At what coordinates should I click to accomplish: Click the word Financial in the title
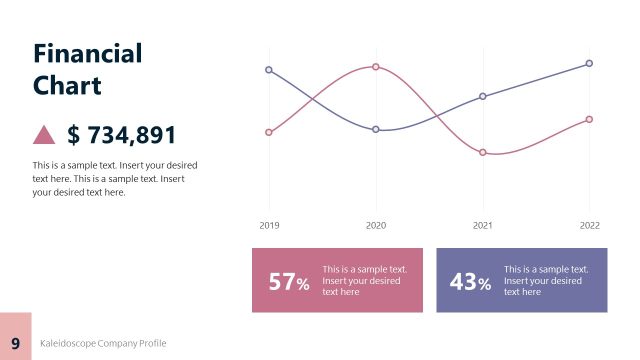coord(88,53)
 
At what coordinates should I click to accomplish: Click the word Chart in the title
coord(67,85)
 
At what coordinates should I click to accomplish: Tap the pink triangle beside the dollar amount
coord(44,134)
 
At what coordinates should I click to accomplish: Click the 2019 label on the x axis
coord(269,226)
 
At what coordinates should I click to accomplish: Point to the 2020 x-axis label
coord(376,226)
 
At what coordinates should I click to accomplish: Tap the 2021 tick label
coord(483,226)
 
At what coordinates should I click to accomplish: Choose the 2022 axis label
coord(589,226)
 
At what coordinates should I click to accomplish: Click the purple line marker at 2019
coord(269,70)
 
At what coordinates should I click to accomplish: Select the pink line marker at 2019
coord(269,132)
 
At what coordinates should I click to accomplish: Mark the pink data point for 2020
coord(376,67)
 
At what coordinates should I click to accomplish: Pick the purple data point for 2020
coord(376,130)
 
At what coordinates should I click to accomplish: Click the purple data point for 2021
coord(483,96)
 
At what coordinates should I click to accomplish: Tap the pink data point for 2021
coord(483,152)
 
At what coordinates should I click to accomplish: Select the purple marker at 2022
coord(589,63)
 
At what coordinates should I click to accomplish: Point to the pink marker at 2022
coord(589,119)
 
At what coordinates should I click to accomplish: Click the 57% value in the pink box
coord(290,282)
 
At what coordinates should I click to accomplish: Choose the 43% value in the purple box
coord(471,282)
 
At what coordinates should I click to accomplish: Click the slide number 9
coord(16,343)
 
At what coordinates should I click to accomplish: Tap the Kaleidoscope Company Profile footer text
coord(103,343)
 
